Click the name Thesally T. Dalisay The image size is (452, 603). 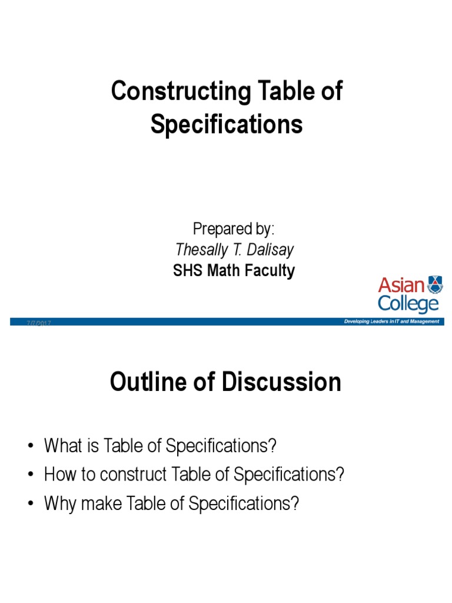(234, 250)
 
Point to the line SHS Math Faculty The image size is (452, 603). (234, 271)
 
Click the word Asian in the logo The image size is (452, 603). (401, 286)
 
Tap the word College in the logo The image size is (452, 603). (408, 304)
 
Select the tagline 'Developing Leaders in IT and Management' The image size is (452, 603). (391, 322)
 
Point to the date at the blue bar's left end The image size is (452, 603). (39, 323)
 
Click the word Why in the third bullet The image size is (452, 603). (58, 504)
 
